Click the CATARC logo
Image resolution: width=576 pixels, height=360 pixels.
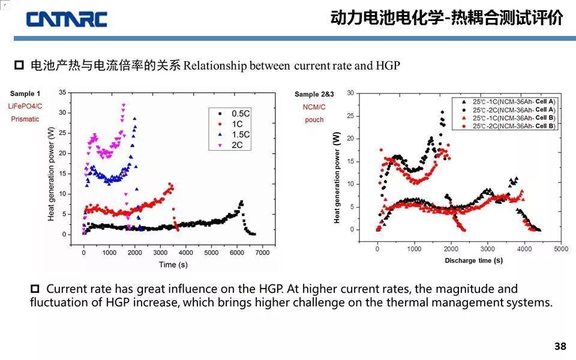click(x=67, y=19)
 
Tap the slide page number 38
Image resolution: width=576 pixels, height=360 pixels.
click(x=560, y=346)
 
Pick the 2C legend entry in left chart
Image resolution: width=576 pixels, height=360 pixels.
click(x=235, y=145)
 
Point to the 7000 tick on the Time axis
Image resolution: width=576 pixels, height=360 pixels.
click(x=262, y=253)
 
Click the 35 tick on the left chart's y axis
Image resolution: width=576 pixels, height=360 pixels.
click(x=62, y=93)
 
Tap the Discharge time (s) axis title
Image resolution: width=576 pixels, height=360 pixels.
click(x=473, y=260)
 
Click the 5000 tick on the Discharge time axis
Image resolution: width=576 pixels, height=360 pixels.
click(x=560, y=248)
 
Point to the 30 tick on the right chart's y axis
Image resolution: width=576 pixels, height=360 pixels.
click(x=350, y=93)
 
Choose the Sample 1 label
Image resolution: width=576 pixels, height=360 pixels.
click(x=26, y=94)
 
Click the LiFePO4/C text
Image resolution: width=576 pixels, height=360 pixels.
click(x=25, y=106)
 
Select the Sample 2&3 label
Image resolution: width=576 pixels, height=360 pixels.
click(x=314, y=94)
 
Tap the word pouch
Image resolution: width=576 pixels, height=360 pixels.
click(x=314, y=119)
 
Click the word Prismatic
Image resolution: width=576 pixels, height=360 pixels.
click(x=25, y=119)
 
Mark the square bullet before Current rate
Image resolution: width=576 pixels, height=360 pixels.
click(x=35, y=289)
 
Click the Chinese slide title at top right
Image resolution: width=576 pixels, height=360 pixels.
click(x=446, y=18)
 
